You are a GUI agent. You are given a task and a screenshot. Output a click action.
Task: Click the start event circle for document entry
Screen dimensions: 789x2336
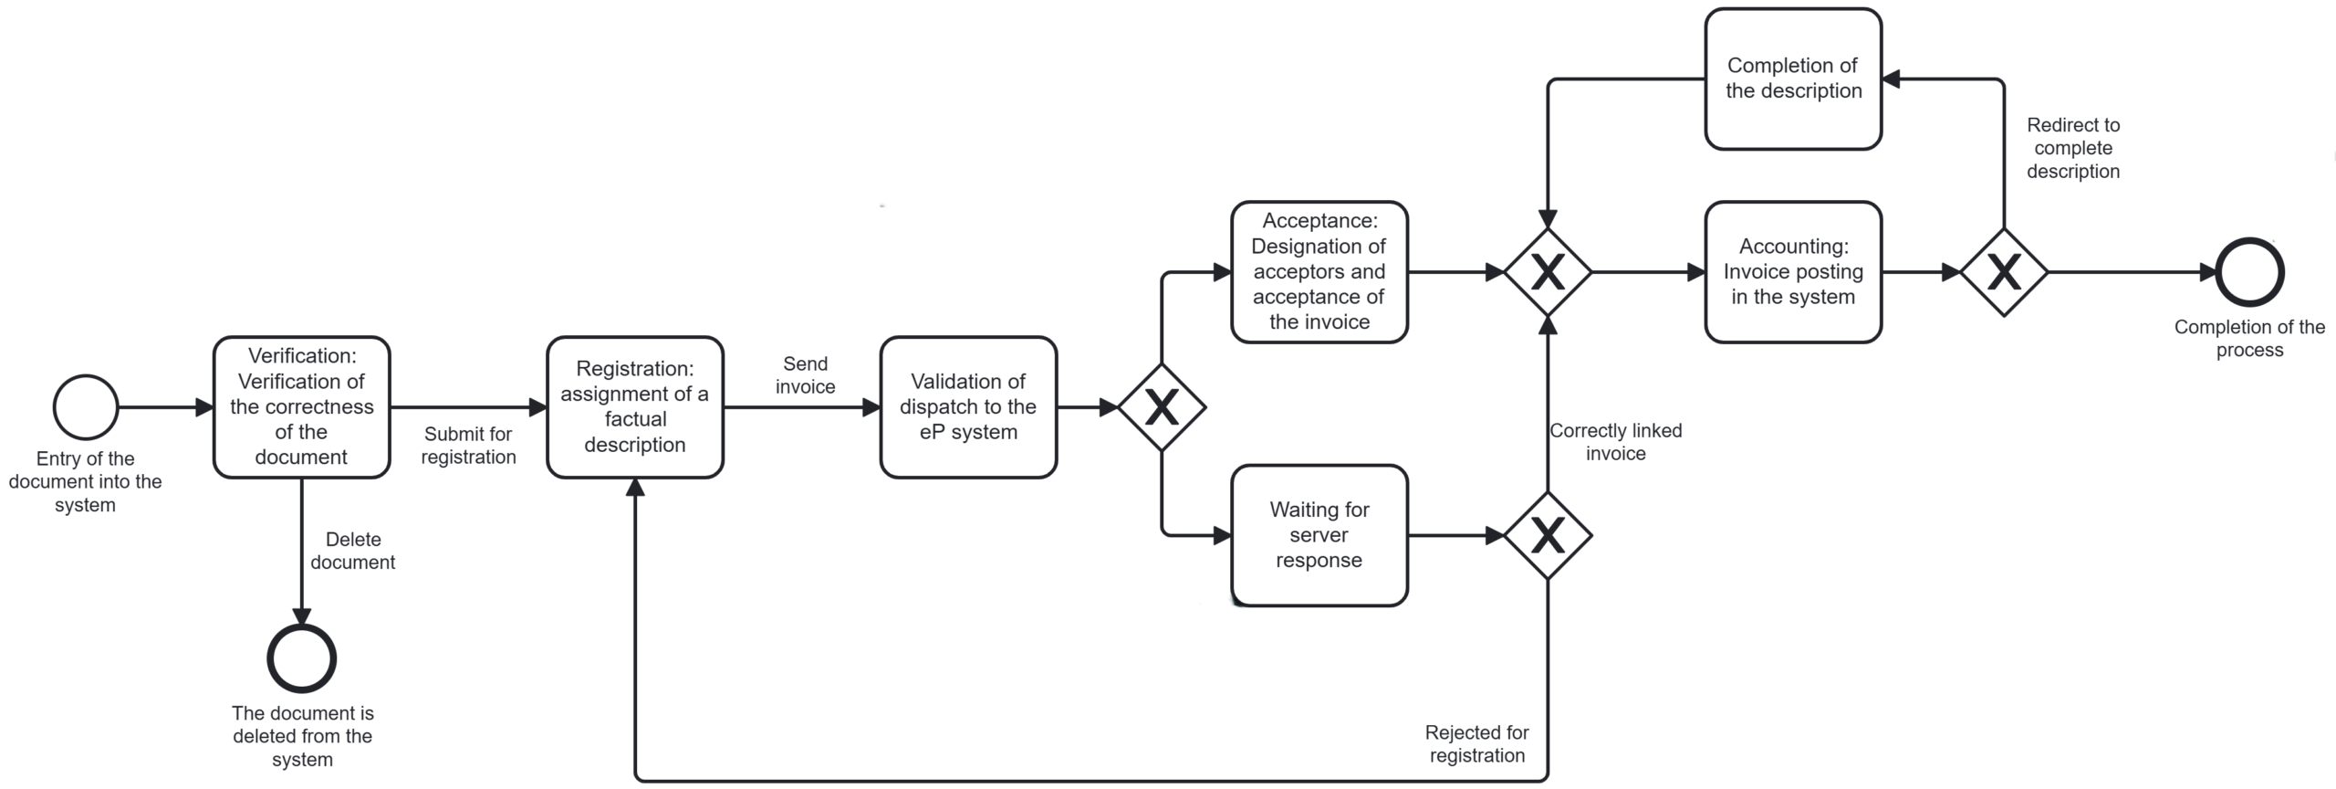click(x=86, y=407)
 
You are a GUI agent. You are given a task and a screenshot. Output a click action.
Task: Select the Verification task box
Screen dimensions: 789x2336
click(x=302, y=407)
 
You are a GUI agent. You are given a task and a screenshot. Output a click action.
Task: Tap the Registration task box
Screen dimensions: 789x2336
click(x=635, y=407)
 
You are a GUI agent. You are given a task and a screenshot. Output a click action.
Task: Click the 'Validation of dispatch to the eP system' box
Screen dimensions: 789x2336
click(x=968, y=407)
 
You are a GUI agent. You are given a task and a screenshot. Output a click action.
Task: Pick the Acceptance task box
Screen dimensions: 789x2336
click(x=1319, y=272)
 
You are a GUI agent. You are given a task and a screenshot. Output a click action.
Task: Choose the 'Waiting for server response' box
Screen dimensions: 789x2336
click(x=1319, y=535)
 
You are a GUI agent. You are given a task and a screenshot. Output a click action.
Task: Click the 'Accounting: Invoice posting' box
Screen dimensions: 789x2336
click(x=1793, y=272)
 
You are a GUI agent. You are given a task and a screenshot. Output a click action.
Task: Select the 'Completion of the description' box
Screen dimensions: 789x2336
click(x=1793, y=79)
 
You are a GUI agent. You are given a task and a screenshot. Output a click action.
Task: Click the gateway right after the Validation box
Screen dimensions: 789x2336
click(x=1162, y=407)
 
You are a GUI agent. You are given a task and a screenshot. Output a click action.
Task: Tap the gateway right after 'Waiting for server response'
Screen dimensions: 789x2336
click(x=1548, y=535)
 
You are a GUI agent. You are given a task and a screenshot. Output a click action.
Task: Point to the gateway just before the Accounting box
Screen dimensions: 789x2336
click(x=1548, y=272)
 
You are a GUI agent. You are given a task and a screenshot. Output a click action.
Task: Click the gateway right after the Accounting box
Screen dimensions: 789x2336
click(x=2004, y=272)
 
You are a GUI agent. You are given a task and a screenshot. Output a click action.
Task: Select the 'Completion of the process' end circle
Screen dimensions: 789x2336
click(x=2250, y=272)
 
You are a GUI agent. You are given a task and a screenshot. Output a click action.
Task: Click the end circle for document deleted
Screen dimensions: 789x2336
click(x=302, y=658)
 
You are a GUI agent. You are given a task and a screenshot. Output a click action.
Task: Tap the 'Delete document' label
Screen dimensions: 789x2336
click(x=353, y=551)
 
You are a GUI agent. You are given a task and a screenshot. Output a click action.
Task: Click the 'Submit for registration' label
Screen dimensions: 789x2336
click(x=468, y=446)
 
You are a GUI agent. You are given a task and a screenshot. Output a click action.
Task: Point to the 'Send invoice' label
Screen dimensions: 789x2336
click(x=805, y=375)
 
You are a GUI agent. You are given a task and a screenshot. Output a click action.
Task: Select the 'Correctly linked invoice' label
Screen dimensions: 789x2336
click(x=1615, y=442)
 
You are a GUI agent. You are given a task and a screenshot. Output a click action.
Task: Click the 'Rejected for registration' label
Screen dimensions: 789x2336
click(x=1476, y=743)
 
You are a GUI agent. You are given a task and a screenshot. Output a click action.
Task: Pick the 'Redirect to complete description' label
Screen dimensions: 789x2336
click(x=2073, y=148)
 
